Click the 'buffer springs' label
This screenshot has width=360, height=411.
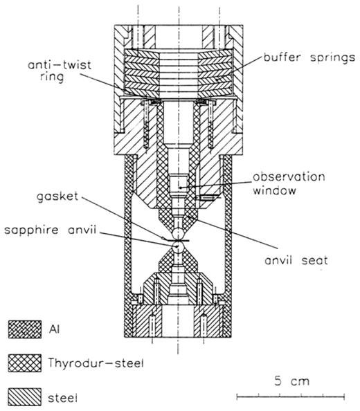point(309,57)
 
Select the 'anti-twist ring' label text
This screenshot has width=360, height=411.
point(60,71)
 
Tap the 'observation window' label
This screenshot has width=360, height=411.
point(289,183)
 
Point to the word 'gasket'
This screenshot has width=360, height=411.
point(57,197)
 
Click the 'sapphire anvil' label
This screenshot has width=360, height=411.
point(51,230)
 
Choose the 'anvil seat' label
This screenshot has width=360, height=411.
point(296,260)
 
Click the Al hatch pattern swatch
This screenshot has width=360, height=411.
point(25,329)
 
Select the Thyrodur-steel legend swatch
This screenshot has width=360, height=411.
point(25,363)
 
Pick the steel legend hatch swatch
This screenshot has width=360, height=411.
point(25,397)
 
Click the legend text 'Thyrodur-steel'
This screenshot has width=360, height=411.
point(96,363)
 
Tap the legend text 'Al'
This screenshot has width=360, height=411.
point(54,329)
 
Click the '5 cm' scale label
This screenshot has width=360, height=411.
point(292,381)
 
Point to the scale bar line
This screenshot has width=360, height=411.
point(291,397)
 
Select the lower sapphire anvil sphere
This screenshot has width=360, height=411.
point(178,246)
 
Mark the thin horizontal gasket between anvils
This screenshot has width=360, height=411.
point(176,240)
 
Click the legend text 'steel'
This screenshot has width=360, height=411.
point(63,399)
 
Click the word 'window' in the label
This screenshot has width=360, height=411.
point(274,190)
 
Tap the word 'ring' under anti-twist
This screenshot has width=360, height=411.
point(52,77)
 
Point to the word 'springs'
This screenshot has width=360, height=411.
point(333,58)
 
